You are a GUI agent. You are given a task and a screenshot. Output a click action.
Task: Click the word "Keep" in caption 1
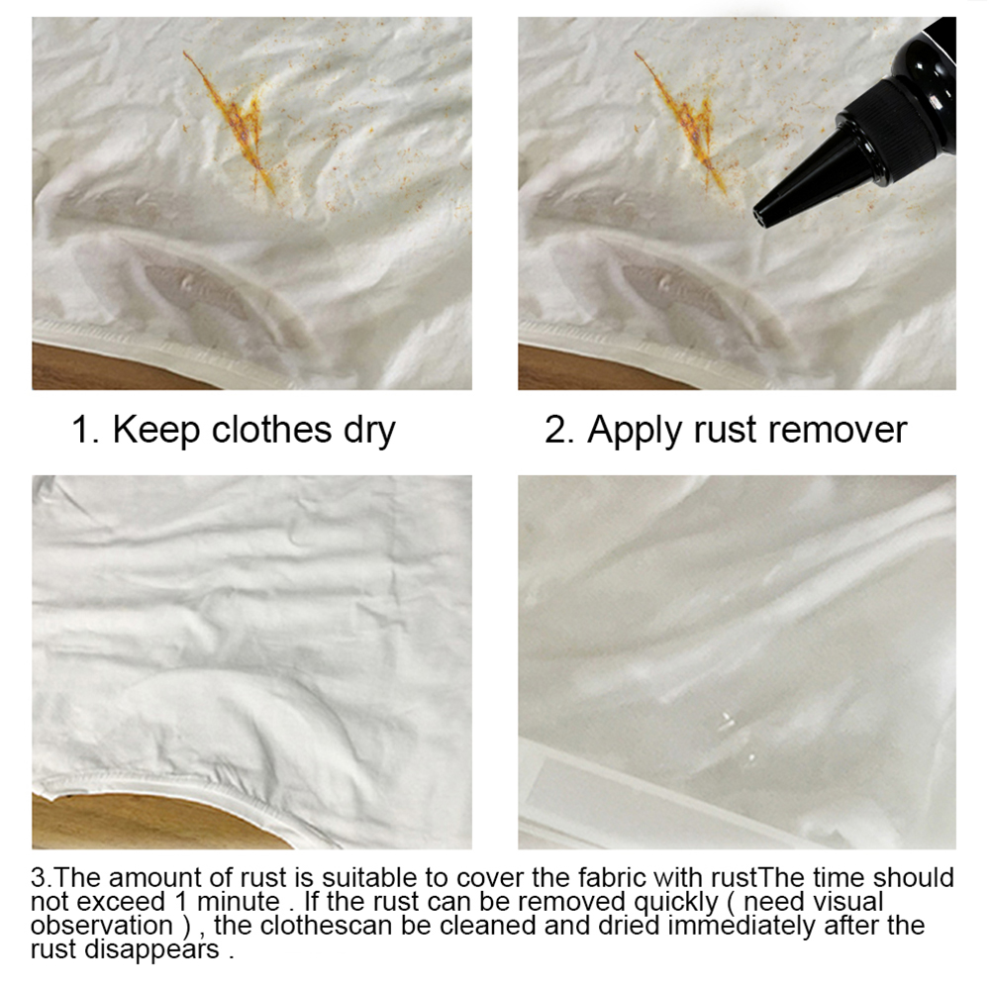coord(156,431)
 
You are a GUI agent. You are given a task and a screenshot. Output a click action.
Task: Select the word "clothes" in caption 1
coord(271,430)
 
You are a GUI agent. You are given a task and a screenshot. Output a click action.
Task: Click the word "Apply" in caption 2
coord(636,432)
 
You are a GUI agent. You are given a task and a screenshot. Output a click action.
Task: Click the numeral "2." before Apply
coord(559,431)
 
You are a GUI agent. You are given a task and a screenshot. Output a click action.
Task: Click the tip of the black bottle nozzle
coord(758,218)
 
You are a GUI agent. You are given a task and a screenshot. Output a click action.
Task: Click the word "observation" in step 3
coord(102,925)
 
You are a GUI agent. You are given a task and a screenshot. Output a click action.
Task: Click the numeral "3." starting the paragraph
coord(42,878)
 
